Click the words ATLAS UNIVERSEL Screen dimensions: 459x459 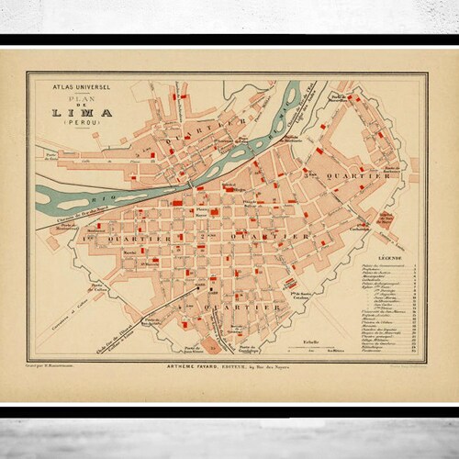click(x=73, y=86)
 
